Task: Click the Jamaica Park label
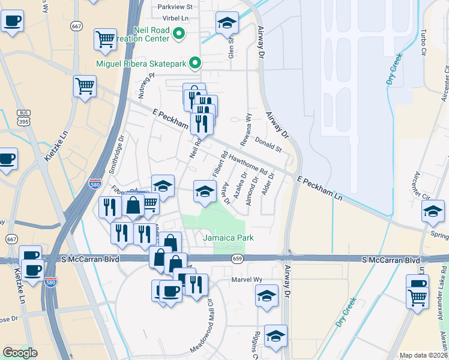[228, 238]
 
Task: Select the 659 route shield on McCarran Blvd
[238, 259]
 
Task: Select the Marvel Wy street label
[247, 280]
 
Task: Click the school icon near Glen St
[226, 23]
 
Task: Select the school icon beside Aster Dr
[205, 191]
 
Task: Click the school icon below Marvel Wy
[267, 295]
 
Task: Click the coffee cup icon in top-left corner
[12, 22]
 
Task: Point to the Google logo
[20, 352]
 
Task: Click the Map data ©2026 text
[423, 355]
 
